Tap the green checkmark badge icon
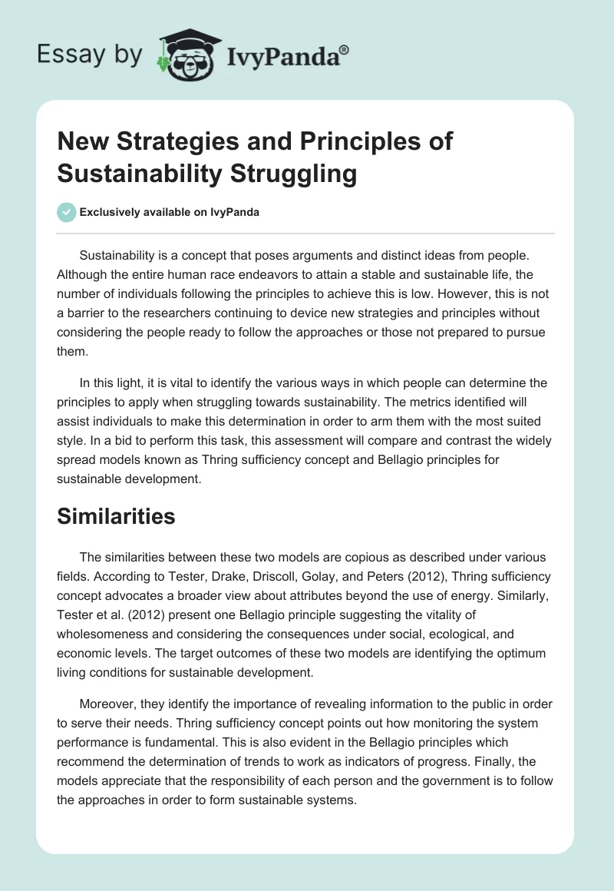(68, 212)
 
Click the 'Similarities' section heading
(116, 516)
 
